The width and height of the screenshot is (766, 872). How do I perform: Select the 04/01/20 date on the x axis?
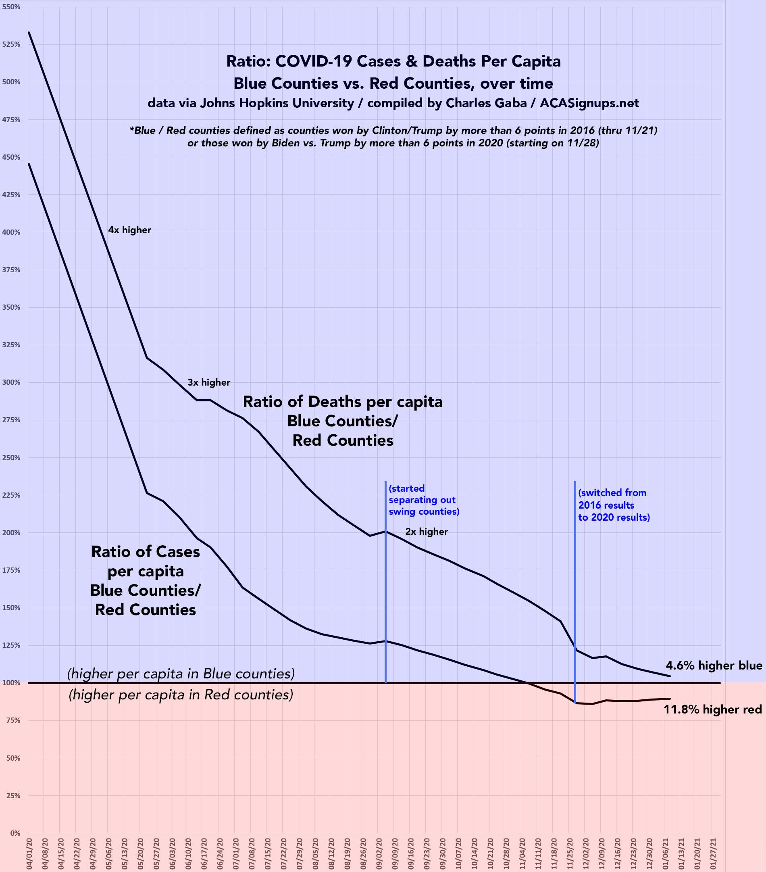[29, 853]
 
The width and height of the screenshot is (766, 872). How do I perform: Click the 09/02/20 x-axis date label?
[379, 853]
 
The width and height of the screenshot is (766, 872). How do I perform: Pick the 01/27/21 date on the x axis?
[713, 853]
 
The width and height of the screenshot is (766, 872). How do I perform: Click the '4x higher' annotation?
[130, 230]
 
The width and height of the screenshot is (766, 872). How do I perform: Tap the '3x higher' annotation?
[208, 383]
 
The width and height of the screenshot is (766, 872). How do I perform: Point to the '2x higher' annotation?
[427, 532]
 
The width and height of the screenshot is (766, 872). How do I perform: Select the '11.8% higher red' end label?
[713, 709]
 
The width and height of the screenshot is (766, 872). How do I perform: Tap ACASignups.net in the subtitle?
[589, 103]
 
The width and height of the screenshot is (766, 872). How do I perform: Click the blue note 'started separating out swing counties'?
[424, 500]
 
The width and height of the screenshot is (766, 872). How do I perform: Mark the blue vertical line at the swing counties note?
[385, 597]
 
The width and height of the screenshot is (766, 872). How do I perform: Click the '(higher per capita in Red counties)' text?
[181, 695]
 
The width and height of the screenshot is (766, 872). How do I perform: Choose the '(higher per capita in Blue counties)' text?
[181, 674]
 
